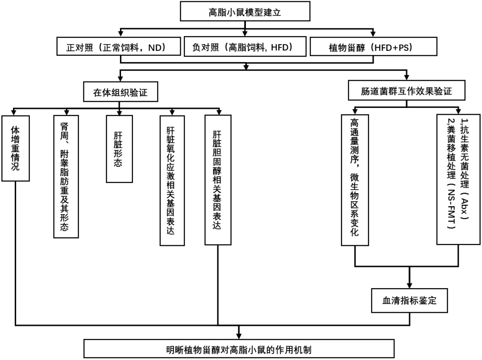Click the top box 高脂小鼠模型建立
(x=245, y=12)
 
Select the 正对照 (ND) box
(x=119, y=47)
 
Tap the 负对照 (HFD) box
(x=245, y=47)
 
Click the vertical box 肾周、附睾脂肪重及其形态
(x=65, y=176)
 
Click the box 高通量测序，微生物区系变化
(x=355, y=180)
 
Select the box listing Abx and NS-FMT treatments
(x=458, y=178)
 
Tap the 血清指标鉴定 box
(x=409, y=300)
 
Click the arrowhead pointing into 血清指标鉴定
(x=409, y=285)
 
